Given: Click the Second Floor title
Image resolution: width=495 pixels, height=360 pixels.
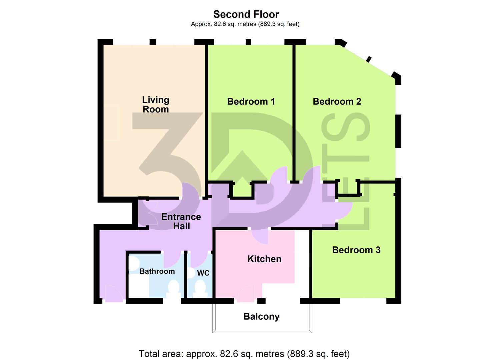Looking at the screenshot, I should [x=246, y=14].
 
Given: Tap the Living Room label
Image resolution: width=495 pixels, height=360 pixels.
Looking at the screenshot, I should [x=156, y=104].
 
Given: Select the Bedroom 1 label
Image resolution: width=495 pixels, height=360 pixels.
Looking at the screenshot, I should [x=251, y=101].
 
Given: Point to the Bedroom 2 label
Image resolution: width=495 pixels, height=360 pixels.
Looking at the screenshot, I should [x=337, y=101].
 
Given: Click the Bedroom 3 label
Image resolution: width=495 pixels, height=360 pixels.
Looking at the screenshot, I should [x=356, y=250].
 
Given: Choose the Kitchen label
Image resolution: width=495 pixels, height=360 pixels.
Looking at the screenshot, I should [x=264, y=259].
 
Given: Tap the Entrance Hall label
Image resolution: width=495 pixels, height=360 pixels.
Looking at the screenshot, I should [x=181, y=221].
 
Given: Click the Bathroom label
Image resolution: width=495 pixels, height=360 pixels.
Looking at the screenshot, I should [x=157, y=271].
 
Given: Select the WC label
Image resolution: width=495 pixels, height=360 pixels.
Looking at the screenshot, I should [x=203, y=273].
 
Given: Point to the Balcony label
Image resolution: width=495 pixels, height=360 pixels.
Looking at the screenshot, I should [x=261, y=316].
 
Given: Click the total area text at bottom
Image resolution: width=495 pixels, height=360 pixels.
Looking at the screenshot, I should [x=244, y=353].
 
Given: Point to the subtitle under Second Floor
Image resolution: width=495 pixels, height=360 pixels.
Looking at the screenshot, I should [x=245, y=24].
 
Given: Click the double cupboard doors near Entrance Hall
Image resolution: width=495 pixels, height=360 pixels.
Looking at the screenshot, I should [x=152, y=213].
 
